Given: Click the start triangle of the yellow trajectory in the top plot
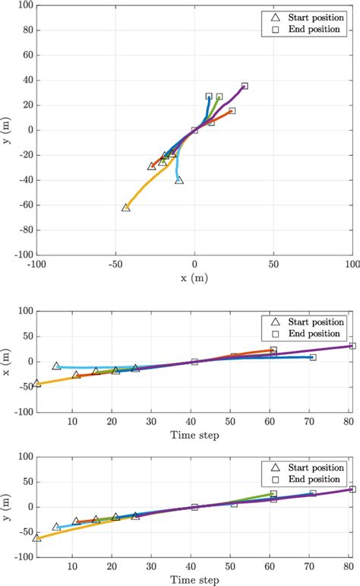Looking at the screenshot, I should [x=126, y=207].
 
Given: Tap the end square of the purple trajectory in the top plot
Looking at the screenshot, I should [x=245, y=86].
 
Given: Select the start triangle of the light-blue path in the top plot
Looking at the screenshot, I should [x=179, y=180].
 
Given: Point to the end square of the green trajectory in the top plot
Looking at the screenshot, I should [x=219, y=97].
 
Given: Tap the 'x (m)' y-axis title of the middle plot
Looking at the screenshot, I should [x=8, y=361].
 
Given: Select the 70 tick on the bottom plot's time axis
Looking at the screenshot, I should [x=312, y=565].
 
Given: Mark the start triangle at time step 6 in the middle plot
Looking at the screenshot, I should [x=56, y=366].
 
